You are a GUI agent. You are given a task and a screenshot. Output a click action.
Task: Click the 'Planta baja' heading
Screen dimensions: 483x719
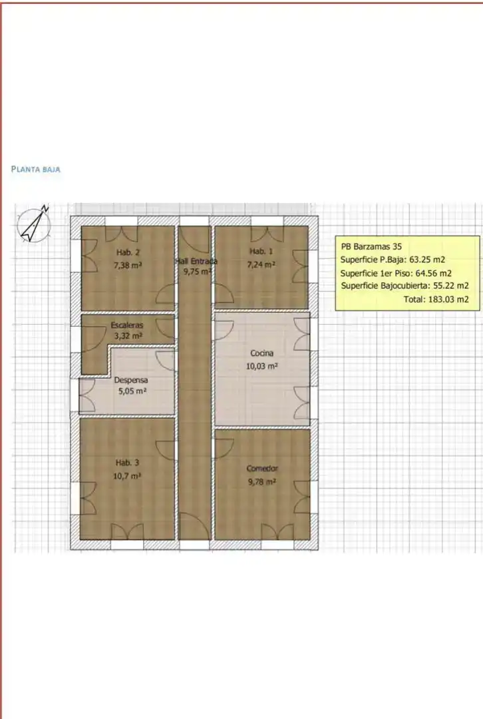point(36,169)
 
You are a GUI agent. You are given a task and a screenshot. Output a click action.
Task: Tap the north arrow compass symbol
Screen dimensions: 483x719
point(33,224)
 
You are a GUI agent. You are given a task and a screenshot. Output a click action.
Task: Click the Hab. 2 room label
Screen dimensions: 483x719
point(128,252)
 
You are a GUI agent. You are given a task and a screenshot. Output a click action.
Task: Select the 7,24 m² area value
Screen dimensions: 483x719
point(261,264)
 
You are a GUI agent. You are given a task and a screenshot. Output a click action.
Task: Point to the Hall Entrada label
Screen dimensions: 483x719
point(196,261)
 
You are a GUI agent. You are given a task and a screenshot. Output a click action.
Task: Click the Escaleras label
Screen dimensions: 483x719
point(127,325)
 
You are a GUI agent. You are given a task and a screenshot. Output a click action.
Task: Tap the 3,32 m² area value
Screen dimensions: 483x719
point(128,336)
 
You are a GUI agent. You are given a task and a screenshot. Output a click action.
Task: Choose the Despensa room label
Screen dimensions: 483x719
point(131,380)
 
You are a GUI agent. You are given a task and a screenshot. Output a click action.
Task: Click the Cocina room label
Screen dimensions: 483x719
point(261,353)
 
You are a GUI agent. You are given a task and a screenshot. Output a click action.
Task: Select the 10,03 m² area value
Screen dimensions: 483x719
point(261,366)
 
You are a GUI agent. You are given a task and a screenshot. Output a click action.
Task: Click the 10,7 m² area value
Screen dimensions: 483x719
point(127,476)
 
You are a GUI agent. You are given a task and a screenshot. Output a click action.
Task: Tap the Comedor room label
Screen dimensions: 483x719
point(262,469)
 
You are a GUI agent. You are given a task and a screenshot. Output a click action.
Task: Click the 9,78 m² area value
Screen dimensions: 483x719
point(262,482)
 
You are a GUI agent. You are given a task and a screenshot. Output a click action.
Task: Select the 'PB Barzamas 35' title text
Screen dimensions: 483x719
point(371,246)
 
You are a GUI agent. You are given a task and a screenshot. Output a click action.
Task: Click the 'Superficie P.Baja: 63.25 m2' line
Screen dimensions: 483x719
point(393,260)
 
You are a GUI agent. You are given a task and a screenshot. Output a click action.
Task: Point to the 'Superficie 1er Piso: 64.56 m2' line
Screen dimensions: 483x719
point(396,274)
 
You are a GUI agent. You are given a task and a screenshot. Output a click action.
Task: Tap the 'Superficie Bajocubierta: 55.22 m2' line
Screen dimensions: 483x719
point(405,286)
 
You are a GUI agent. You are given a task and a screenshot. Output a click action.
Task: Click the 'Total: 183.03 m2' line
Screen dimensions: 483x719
point(436,300)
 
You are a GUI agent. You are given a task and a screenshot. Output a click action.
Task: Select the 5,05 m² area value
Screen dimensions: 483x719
point(132,391)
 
